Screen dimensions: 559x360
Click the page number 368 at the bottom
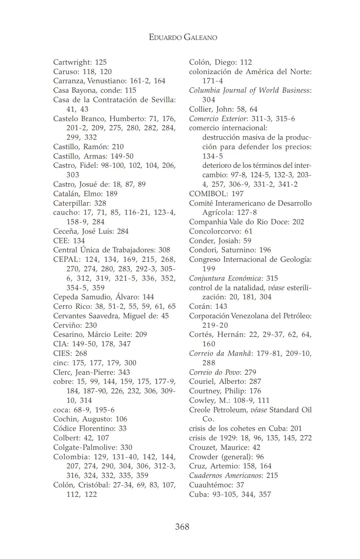182,527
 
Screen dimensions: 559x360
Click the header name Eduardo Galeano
183,37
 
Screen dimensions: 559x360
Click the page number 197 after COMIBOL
237,194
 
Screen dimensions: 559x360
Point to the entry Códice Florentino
84,428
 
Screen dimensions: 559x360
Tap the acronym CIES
62,353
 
